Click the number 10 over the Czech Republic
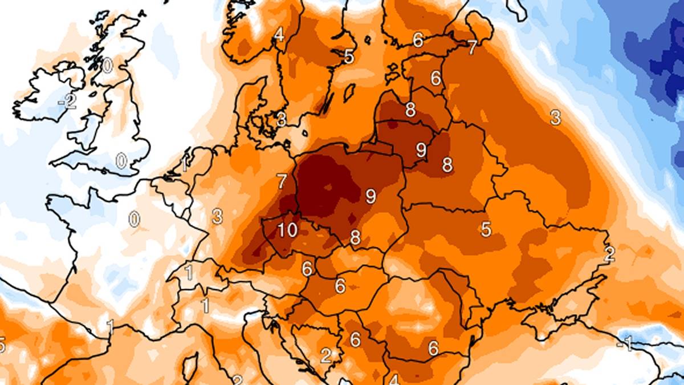point(287,230)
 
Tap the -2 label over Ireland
point(68,102)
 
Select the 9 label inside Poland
point(370,197)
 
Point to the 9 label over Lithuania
point(421,150)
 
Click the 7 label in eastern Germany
point(281,182)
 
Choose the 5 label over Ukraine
point(486,229)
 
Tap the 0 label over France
point(134,219)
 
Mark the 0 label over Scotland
point(107,66)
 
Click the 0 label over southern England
point(121,161)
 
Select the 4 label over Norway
point(279,35)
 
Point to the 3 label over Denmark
point(281,120)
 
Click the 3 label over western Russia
point(555,118)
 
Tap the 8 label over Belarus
point(447,165)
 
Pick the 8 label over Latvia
point(410,111)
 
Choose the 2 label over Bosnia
point(325,356)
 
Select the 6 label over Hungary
point(340,285)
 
